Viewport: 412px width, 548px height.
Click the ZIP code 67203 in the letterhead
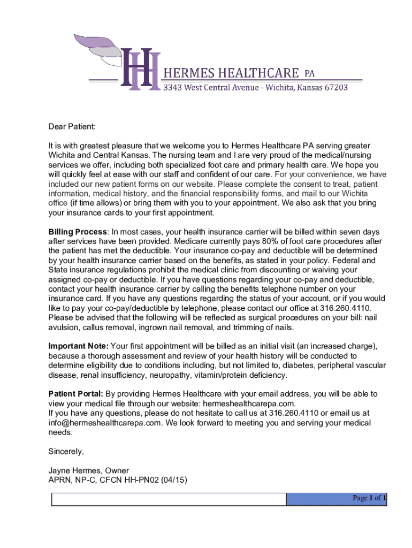pyautogui.click(x=335, y=87)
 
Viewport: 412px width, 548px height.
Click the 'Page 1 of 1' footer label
pyautogui.click(x=369, y=498)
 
